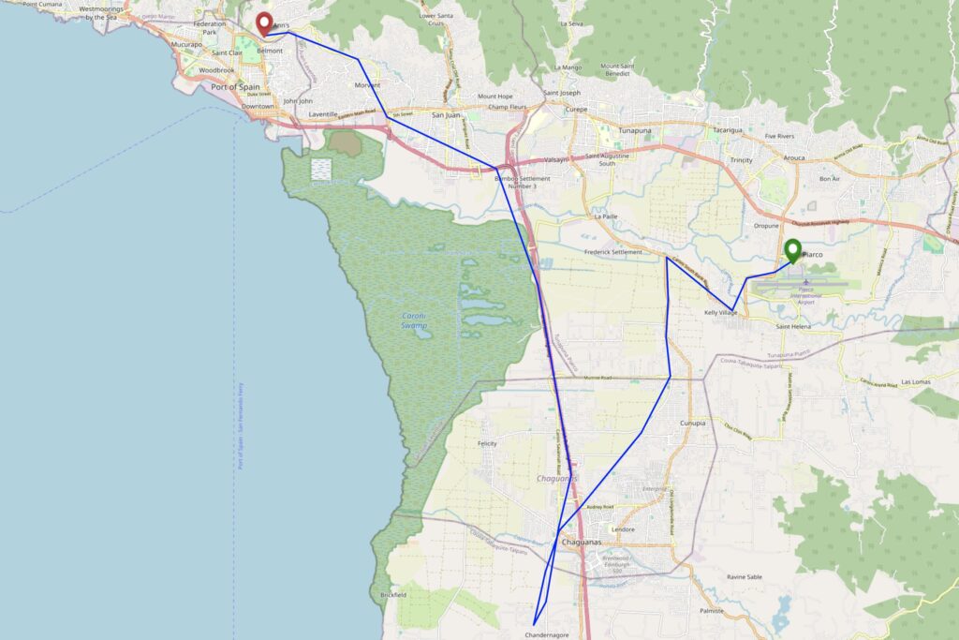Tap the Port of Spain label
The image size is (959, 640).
[x=235, y=87]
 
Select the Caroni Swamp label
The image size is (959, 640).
[x=414, y=321]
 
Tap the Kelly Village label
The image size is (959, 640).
[x=721, y=312]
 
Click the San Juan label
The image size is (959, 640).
[x=445, y=115]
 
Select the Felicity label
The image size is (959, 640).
[x=487, y=443]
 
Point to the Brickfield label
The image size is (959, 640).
[x=393, y=595]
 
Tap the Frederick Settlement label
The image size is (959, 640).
[x=613, y=252]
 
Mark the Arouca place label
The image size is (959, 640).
[x=794, y=157]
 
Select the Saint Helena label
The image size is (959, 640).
[x=795, y=326]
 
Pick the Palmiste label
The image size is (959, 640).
[x=712, y=610]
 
